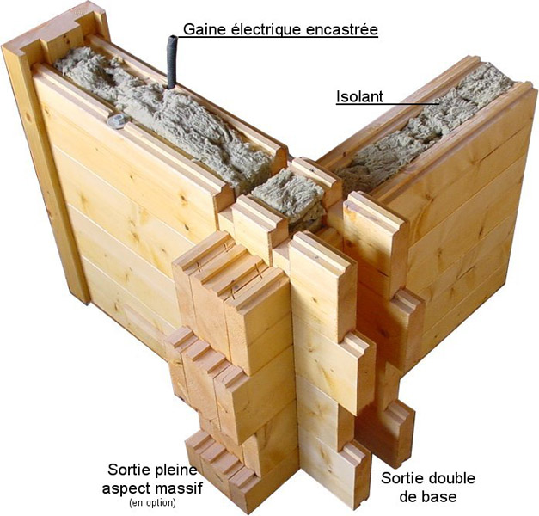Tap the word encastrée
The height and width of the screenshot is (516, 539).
click(x=344, y=30)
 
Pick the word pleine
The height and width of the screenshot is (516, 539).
click(x=175, y=470)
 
